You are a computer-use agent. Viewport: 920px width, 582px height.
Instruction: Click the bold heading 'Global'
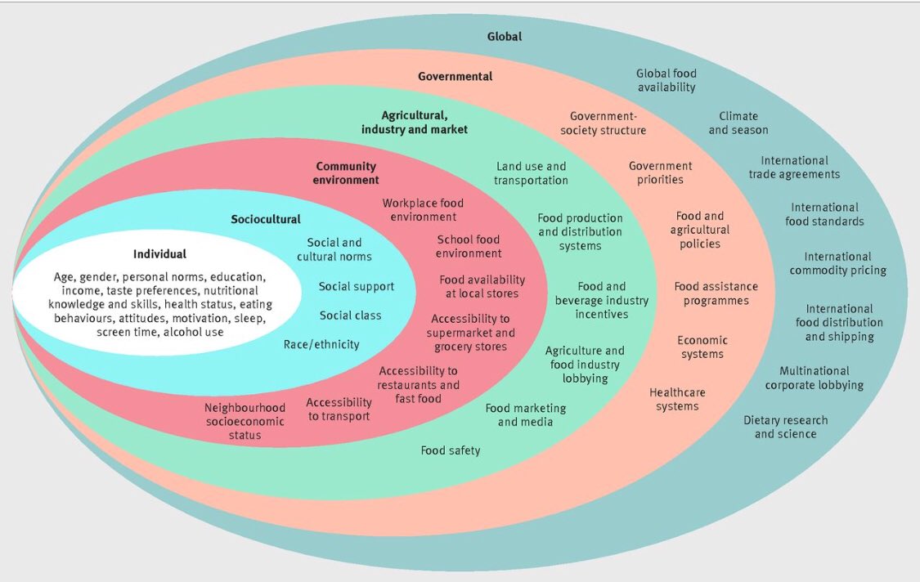coord(504,37)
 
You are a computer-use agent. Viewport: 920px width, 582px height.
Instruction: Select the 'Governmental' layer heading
coord(455,76)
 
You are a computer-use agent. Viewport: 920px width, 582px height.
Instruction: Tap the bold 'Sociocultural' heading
coord(265,219)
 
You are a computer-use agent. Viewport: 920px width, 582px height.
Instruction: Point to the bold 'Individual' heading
coord(159,254)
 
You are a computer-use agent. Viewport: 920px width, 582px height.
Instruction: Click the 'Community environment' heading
coord(346,173)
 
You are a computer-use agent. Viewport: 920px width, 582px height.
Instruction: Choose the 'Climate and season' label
coord(738,123)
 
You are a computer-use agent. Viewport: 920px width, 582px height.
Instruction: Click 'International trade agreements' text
coord(793,168)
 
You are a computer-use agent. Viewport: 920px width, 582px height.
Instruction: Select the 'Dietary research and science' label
coord(785,427)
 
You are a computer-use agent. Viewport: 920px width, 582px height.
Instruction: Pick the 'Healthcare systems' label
coord(677,399)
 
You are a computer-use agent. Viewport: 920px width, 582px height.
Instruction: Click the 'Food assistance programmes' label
coord(716,293)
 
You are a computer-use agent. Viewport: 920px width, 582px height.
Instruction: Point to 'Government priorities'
coord(660,172)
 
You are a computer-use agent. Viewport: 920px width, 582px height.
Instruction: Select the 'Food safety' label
coord(451,450)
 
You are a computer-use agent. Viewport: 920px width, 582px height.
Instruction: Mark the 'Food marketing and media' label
coord(525,415)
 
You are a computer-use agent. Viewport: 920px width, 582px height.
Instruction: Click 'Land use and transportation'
coord(530,173)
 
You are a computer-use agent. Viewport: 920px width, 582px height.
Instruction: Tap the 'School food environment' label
coord(469,246)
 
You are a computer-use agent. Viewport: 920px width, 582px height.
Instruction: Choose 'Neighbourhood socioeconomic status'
coord(245,421)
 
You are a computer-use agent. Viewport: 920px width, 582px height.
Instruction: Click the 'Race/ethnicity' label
coord(321,344)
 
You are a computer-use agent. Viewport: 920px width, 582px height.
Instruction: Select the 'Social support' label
coord(357,287)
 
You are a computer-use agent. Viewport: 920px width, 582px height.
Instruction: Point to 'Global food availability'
coord(666,80)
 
